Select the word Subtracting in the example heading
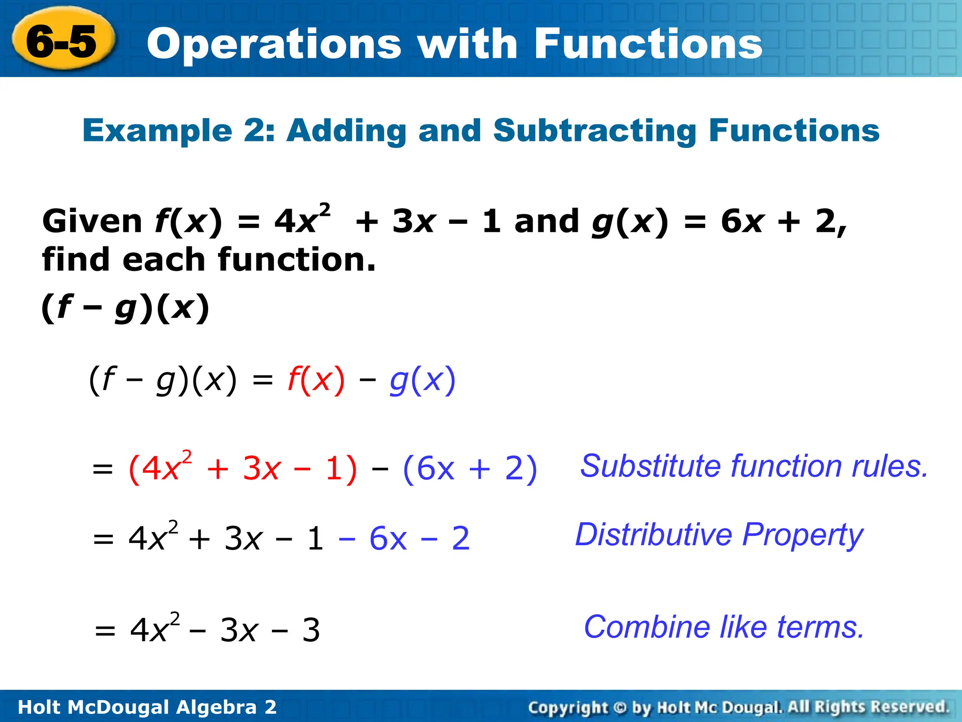[x=594, y=131]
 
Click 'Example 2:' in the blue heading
[x=178, y=131]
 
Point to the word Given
[x=92, y=221]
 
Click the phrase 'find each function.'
[x=209, y=259]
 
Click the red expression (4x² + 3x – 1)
[x=242, y=469]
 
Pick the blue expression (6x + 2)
[x=470, y=469]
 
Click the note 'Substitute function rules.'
[x=754, y=466]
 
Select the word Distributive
[x=653, y=535]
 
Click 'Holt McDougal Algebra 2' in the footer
[x=147, y=707]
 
